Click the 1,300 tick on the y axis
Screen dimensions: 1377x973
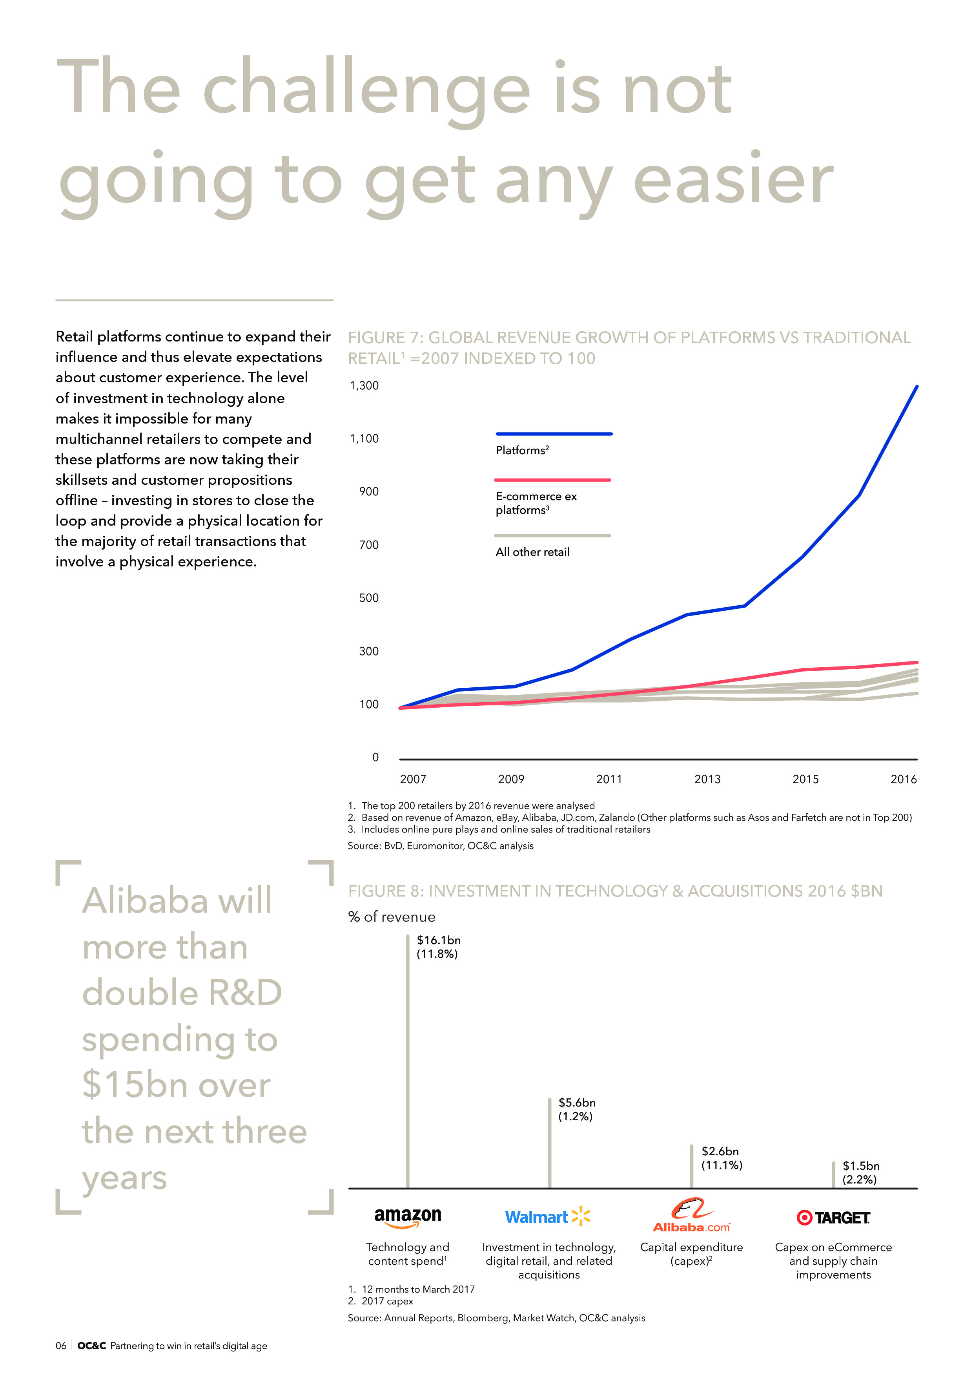364,385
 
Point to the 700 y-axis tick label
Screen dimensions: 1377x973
369,544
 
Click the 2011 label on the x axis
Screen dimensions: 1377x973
609,779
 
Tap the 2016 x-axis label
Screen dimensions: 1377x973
903,779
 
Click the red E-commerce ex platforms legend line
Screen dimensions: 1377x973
552,480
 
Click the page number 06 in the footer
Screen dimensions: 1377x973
60,1345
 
